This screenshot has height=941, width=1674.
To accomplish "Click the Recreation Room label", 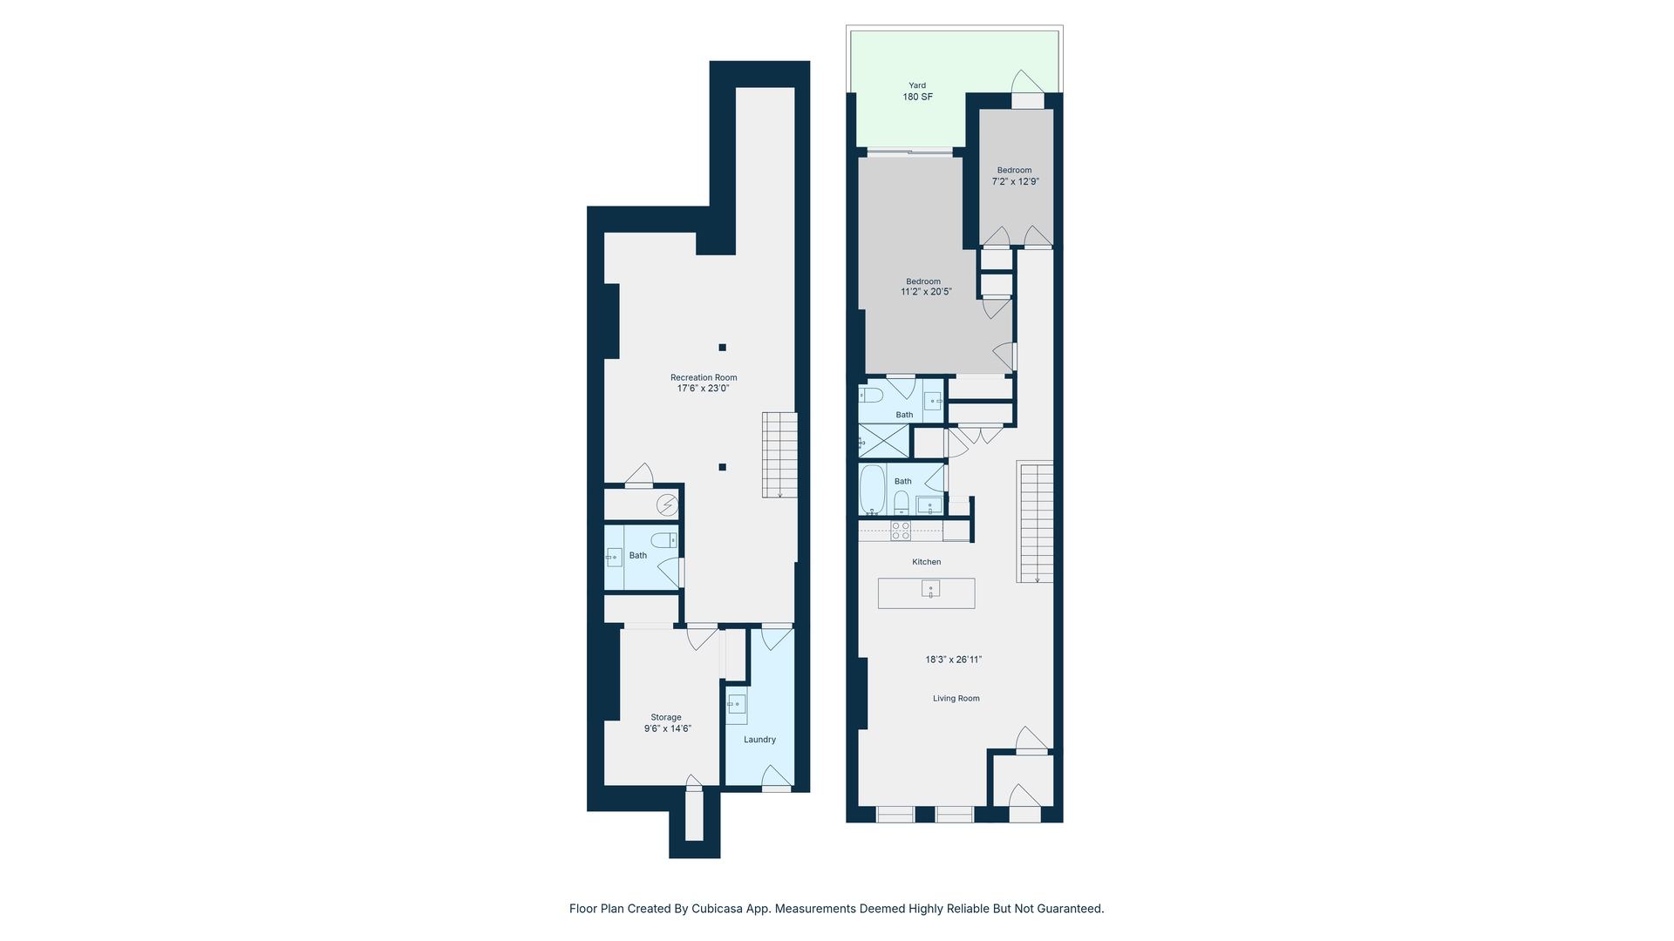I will (x=703, y=377).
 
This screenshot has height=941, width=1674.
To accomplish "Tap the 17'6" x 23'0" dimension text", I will (x=703, y=389).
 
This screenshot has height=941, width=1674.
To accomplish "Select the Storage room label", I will (x=666, y=717).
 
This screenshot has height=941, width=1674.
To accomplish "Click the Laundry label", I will (x=759, y=740).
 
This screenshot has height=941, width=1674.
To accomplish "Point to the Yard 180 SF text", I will (x=917, y=91).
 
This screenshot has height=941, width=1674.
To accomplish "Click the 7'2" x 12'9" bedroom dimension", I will (x=1015, y=182).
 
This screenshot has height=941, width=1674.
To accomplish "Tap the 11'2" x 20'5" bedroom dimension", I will (x=925, y=292).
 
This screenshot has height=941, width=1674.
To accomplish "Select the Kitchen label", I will (x=926, y=562).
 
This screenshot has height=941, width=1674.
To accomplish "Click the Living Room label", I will (x=956, y=698).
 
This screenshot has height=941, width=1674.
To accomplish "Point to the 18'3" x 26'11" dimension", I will (x=953, y=660).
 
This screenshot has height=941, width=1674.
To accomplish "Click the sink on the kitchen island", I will (x=930, y=590).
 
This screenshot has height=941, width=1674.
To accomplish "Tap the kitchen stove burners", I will (x=901, y=531).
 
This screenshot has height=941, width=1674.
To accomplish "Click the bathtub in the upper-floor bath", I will (x=872, y=489).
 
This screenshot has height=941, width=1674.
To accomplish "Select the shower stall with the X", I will (x=884, y=441).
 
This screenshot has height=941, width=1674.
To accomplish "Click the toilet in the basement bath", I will (x=664, y=540).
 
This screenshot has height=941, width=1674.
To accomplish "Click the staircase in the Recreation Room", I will (x=779, y=455).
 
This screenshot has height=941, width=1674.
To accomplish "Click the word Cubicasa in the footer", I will (x=721, y=909).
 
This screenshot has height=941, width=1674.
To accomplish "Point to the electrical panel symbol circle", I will (x=667, y=504).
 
